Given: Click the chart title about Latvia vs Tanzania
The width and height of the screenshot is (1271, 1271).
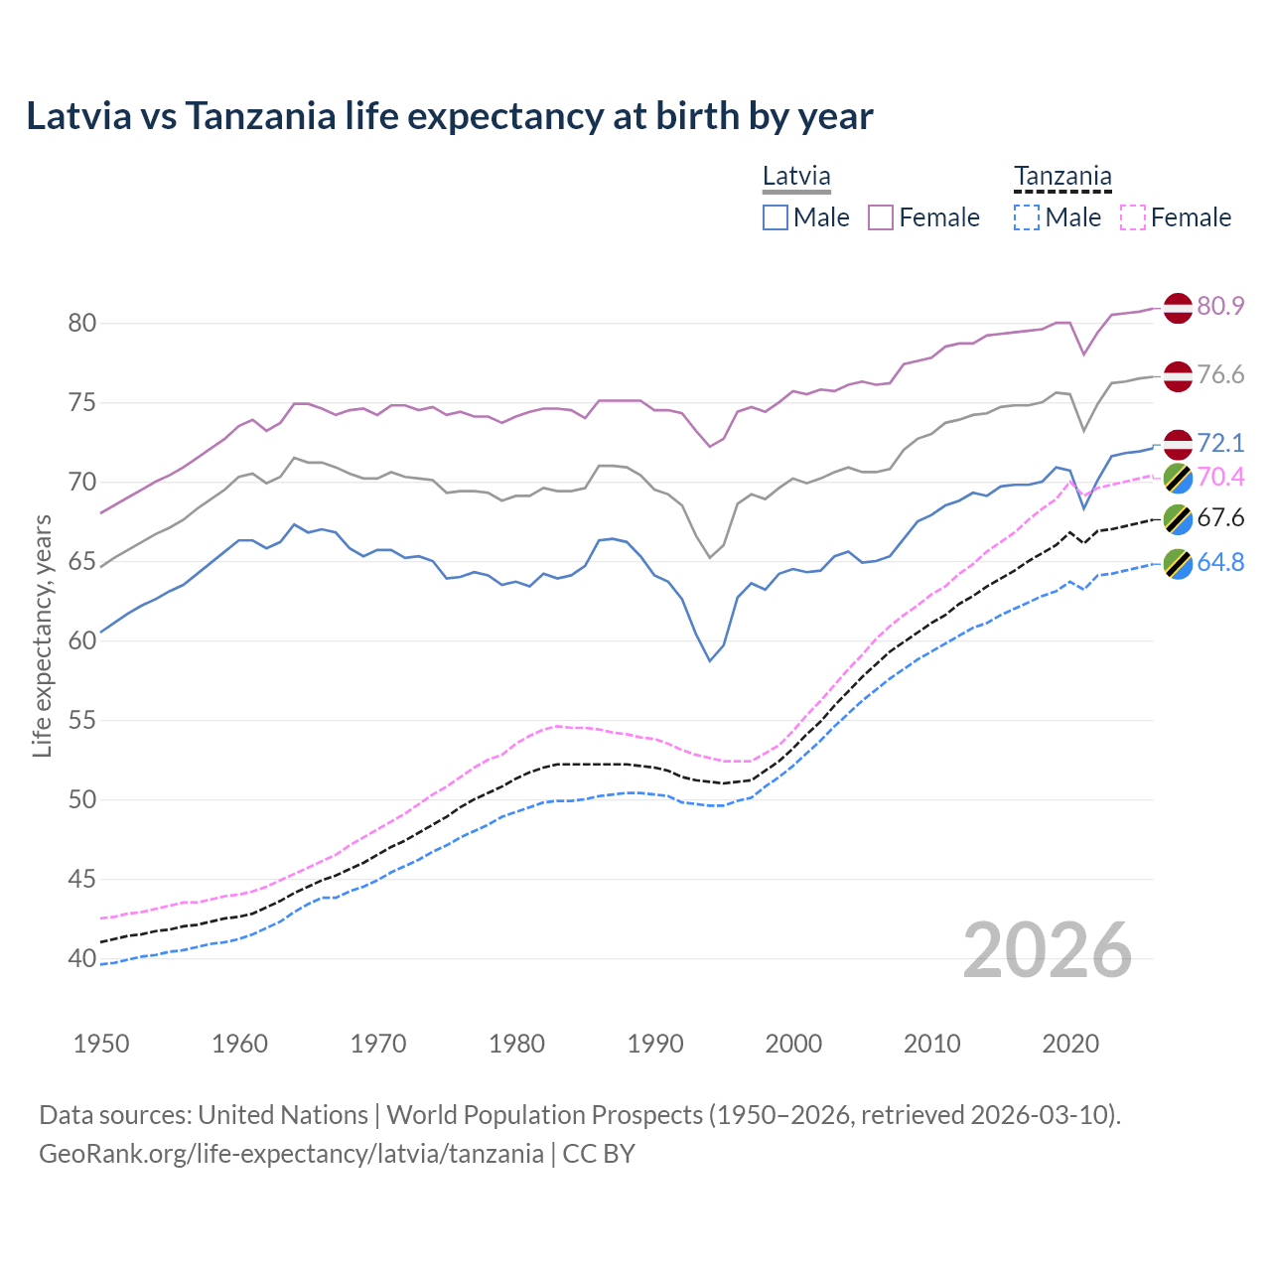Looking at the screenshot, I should tap(449, 116).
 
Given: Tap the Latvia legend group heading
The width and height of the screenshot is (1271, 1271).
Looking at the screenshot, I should tap(796, 177).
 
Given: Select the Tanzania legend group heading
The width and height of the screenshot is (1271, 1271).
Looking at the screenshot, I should tap(1062, 177).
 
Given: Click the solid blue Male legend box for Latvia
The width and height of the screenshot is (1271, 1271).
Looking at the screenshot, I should tap(776, 217).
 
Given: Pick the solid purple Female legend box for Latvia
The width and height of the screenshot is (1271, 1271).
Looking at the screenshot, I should tap(881, 217).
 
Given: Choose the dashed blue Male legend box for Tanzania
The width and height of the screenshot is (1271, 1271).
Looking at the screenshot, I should tap(1027, 217).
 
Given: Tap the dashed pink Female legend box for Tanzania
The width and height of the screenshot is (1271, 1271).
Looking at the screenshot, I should tap(1133, 217).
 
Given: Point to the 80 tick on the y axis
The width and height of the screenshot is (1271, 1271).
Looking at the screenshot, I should tap(82, 324).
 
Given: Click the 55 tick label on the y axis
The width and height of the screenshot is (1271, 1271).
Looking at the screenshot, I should tap(82, 721).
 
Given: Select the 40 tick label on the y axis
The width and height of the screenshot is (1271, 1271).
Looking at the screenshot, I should tap(82, 959).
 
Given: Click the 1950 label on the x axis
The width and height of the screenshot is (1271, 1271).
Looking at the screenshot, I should tap(101, 1044).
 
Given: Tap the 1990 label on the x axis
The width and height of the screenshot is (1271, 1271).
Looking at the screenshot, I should tap(655, 1044).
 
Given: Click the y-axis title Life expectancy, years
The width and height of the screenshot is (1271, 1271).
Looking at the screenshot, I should tap(42, 635).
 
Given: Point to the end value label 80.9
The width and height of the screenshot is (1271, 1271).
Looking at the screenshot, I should tap(1220, 307).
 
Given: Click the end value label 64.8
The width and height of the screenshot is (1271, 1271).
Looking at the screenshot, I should tap(1220, 563).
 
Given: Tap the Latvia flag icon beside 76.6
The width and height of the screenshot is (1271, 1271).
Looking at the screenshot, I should tap(1178, 376).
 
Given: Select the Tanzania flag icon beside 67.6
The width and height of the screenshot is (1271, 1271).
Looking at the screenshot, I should tap(1178, 518).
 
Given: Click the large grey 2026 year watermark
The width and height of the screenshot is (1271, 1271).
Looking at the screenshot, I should tap(1048, 950).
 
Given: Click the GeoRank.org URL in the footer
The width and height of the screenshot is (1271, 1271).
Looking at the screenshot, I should tap(291, 1154).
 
